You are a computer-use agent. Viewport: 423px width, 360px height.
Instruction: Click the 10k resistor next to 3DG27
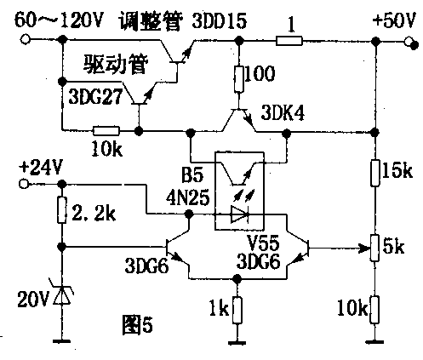[x=105, y=132]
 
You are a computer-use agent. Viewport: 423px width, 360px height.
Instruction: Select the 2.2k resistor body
[x=61, y=209]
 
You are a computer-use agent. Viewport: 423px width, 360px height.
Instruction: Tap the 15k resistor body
[x=376, y=173]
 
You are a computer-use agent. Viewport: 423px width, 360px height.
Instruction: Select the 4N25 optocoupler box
[x=240, y=190]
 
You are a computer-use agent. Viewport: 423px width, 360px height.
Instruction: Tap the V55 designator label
[x=261, y=239]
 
